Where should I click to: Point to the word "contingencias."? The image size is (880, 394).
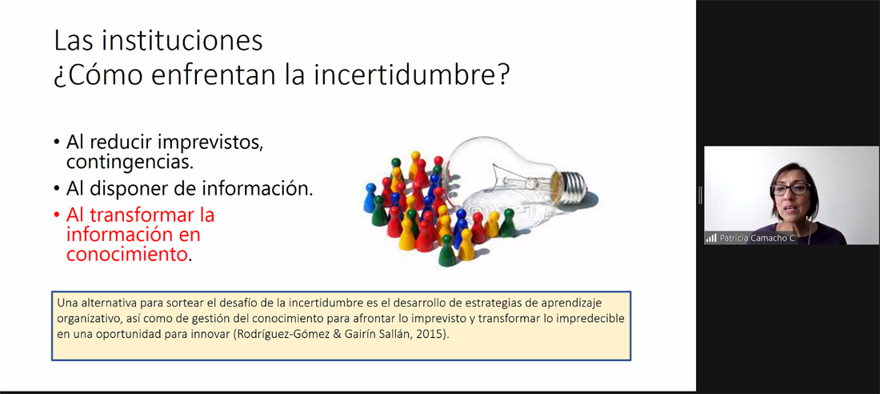[130, 163]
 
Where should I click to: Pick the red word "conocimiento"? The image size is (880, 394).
[126, 254]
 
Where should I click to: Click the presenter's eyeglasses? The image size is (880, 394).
[790, 189]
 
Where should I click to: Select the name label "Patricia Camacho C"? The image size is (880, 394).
[758, 238]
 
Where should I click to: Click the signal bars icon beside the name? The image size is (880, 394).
[712, 239]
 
